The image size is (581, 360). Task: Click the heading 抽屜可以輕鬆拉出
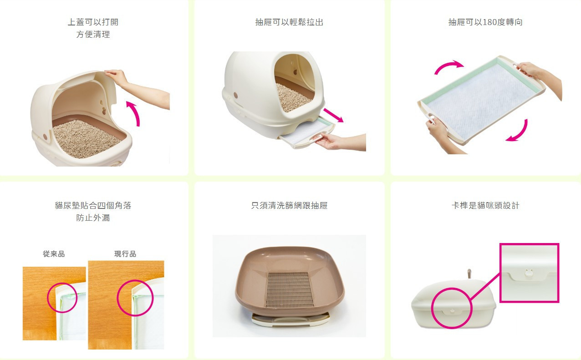(289, 22)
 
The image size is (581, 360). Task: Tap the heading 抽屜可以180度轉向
(485, 22)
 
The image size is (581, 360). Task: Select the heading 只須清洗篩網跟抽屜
(289, 206)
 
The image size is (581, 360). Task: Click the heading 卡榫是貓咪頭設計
(485, 206)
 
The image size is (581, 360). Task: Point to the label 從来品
(54, 254)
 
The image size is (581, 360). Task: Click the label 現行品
(125, 254)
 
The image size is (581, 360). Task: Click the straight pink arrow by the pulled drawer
(334, 115)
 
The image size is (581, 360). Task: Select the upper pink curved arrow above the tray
(448, 66)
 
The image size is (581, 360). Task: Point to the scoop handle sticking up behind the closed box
(469, 274)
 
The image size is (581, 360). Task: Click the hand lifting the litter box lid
(117, 76)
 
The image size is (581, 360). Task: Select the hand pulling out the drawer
(327, 140)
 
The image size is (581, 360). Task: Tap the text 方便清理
(93, 35)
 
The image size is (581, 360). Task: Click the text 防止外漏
(93, 218)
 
